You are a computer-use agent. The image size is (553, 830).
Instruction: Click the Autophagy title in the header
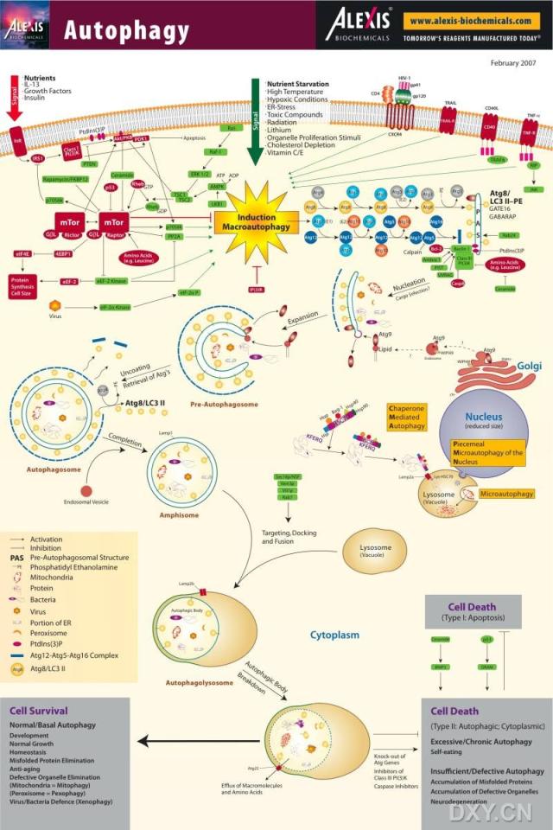tap(126, 31)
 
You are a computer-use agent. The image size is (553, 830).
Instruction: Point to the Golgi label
tap(529, 366)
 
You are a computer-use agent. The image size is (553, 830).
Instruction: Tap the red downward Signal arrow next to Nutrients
tap(15, 96)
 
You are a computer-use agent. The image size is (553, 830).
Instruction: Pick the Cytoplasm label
tap(334, 635)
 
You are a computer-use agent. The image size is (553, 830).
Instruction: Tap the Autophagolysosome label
tap(200, 682)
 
